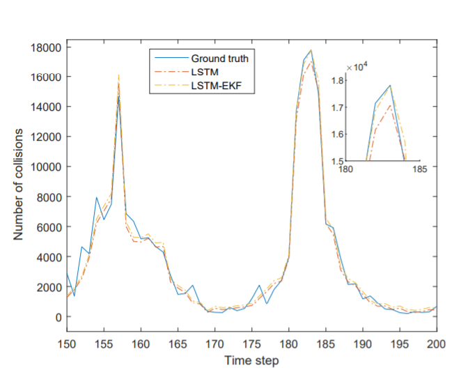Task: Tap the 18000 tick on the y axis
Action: pos(47,47)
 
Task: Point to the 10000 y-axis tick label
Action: pos(47,167)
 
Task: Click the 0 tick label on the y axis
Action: pos(59,317)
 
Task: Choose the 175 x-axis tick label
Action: pos(252,345)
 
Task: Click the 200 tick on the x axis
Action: pos(437,345)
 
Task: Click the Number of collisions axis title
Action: pos(19,182)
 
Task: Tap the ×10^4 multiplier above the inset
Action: pos(357,67)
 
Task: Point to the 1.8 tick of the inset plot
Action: pos(338,81)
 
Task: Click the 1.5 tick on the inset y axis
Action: pos(338,161)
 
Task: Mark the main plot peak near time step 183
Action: pos(311,50)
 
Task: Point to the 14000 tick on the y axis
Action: pos(47,107)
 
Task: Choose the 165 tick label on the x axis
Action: pos(178,345)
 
